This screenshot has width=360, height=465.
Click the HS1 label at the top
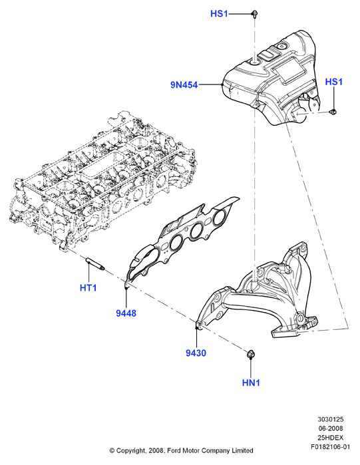coord(219,14)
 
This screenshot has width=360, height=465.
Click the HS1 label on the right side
coord(333,82)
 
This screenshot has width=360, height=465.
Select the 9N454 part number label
coord(184,85)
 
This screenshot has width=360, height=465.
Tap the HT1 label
coord(89,287)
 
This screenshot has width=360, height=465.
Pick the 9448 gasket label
coord(126,313)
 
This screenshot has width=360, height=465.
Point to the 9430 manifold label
coord(196,353)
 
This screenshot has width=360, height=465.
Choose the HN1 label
coord(251,383)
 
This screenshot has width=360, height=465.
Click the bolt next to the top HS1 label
coord(254,14)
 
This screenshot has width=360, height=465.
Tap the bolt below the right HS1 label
coord(333,112)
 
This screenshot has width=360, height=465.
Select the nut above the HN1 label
coord(251,354)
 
